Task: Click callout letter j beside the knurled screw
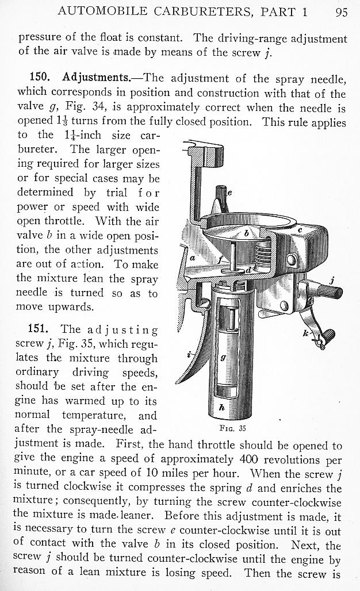tap(332, 281)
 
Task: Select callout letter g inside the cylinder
tap(223, 358)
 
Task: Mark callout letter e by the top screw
tap(229, 193)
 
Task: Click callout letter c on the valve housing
tap(300, 230)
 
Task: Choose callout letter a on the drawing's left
tap(193, 258)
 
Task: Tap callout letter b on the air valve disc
tap(246, 233)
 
